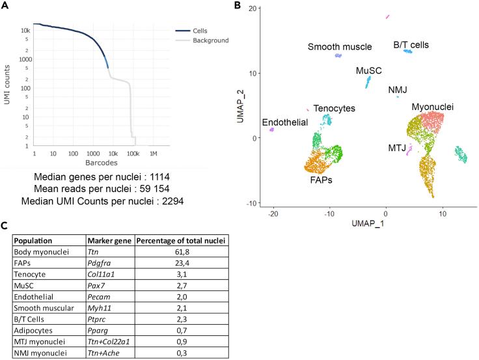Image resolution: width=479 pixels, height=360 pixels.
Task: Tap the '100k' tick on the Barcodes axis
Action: pos(133,154)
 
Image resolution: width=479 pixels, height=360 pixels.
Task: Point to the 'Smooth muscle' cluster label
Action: pos(339,47)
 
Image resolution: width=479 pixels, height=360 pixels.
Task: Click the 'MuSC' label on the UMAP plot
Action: pos(368,70)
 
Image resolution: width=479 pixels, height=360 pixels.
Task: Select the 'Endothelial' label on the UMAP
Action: pos(285,123)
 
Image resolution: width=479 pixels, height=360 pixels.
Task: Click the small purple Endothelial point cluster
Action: pos(272,130)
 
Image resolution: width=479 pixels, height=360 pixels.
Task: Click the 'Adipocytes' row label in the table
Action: pos(35,330)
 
